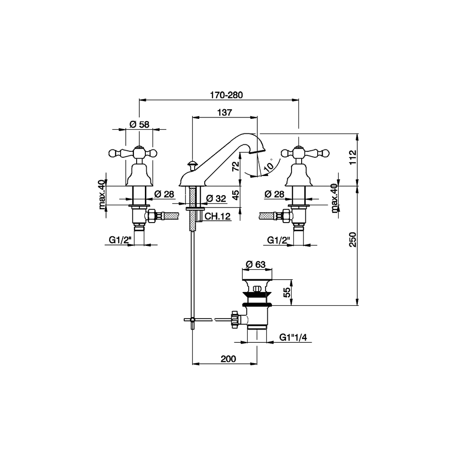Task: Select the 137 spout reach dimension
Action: pyautogui.click(x=225, y=112)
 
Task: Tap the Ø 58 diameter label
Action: pyautogui.click(x=139, y=124)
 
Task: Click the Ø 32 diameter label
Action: pyautogui.click(x=217, y=198)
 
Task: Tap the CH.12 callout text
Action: pyautogui.click(x=217, y=217)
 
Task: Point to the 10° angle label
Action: pyautogui.click(x=270, y=165)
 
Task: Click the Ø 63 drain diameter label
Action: pyautogui.click(x=255, y=264)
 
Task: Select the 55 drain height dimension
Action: pyautogui.click(x=287, y=293)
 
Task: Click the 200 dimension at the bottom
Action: pyautogui.click(x=228, y=359)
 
